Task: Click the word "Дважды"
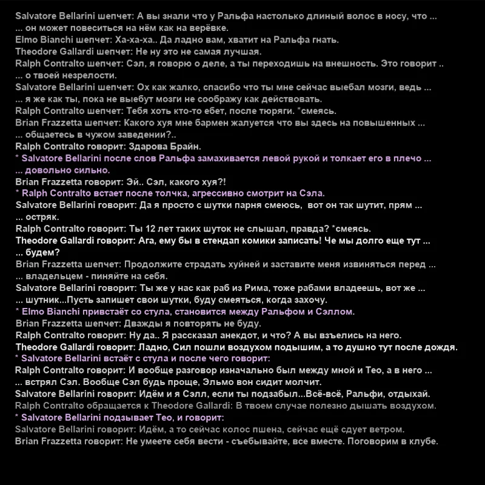[x=142, y=323]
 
